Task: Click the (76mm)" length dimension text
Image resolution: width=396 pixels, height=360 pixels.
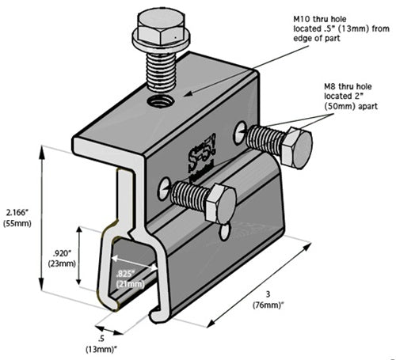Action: (273, 305)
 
